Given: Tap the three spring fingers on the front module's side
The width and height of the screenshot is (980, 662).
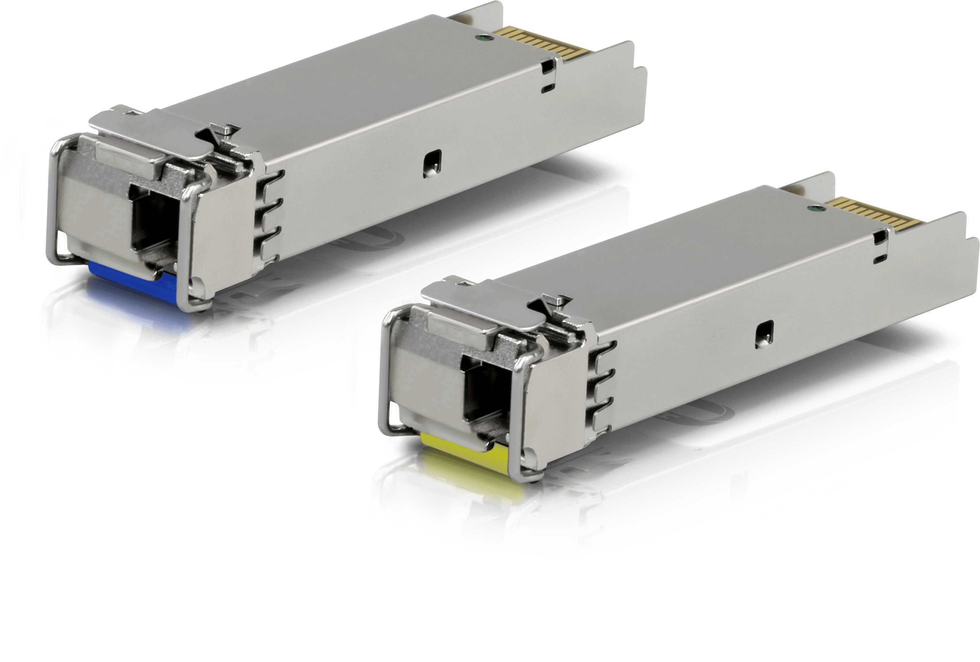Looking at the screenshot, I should pos(601,388).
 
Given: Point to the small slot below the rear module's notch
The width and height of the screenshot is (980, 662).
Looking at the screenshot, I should pos(548,88).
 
